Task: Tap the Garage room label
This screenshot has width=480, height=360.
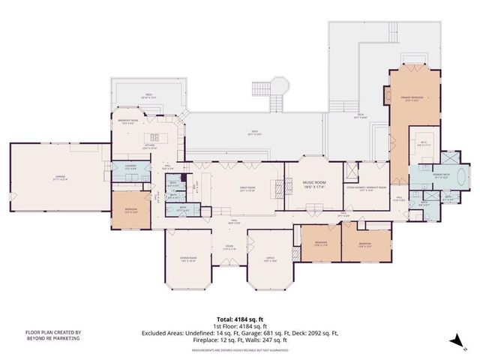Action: (55, 178)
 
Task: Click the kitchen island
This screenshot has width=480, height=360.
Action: (157, 136)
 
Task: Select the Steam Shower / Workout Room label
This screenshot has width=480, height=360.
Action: (365, 187)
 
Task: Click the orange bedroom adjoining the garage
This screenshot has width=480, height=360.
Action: (131, 211)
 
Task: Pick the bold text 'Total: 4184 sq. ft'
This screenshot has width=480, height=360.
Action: (239, 318)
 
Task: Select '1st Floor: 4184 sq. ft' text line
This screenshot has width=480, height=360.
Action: (239, 325)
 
